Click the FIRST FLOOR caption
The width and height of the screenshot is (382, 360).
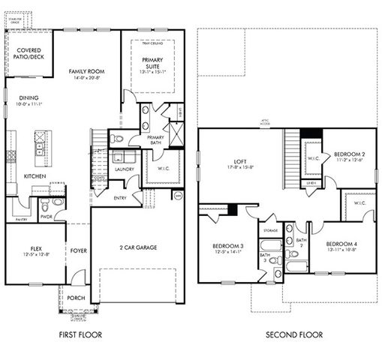click(79, 334)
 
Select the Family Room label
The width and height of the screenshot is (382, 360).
click(86, 71)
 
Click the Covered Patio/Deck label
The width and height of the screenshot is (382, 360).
click(29, 54)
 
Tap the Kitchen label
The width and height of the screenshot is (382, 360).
click(35, 175)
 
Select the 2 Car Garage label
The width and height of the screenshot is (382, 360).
click(137, 247)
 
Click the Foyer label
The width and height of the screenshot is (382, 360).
click(78, 251)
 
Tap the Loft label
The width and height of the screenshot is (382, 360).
click(240, 161)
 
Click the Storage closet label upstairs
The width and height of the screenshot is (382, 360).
click(270, 230)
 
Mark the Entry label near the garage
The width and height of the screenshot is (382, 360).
click(121, 198)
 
